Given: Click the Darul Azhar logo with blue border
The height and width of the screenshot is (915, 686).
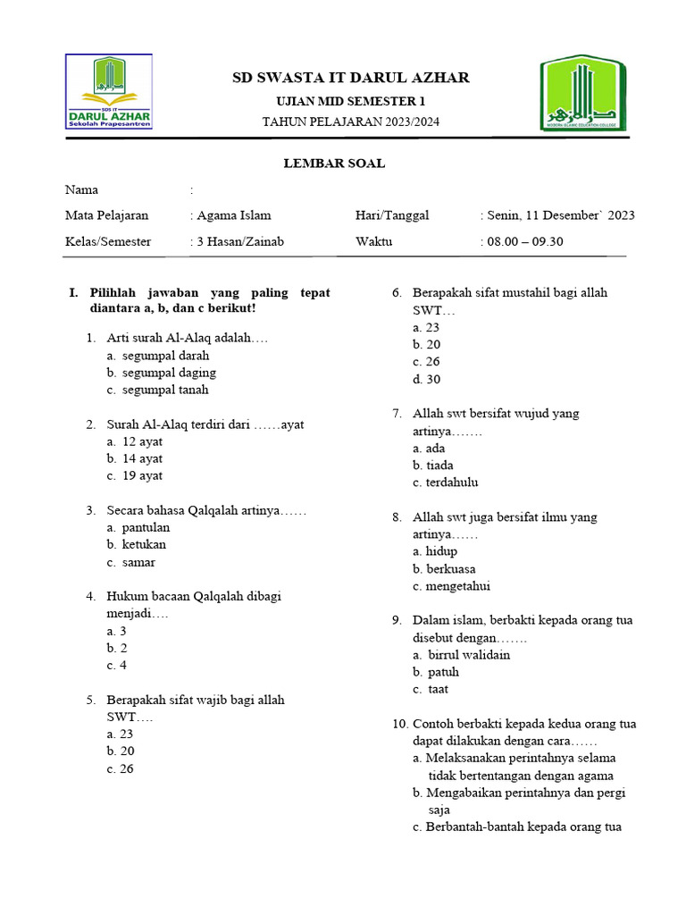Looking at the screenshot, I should (109, 91).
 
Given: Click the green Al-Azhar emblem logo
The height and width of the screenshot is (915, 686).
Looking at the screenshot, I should (582, 93).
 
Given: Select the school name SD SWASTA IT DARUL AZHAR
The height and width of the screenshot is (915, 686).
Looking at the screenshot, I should (351, 78).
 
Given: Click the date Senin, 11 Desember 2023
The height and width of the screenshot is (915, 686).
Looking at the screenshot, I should (560, 215).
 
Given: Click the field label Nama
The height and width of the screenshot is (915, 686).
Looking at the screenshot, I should (82, 189).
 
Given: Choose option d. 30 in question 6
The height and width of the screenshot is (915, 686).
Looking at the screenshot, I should (427, 379).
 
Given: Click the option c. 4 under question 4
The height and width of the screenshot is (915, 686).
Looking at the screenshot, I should (117, 666).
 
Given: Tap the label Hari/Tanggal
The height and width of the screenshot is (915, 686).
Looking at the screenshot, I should (392, 215).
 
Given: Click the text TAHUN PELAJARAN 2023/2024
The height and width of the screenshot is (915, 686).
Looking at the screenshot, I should (350, 122).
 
